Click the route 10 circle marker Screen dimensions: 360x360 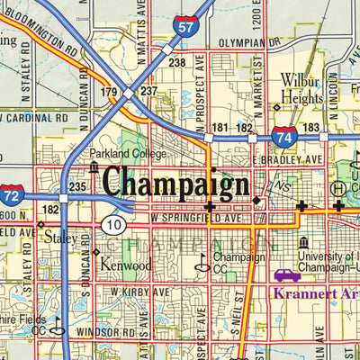click(112, 223)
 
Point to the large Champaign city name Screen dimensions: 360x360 click(175, 183)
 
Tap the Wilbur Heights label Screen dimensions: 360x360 click(300, 88)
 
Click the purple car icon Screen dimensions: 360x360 click(287, 274)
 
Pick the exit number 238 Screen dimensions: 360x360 click(176, 63)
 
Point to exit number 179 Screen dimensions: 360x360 click(109, 92)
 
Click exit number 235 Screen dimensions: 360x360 click(77, 187)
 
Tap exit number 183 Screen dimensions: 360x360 click(310, 129)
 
